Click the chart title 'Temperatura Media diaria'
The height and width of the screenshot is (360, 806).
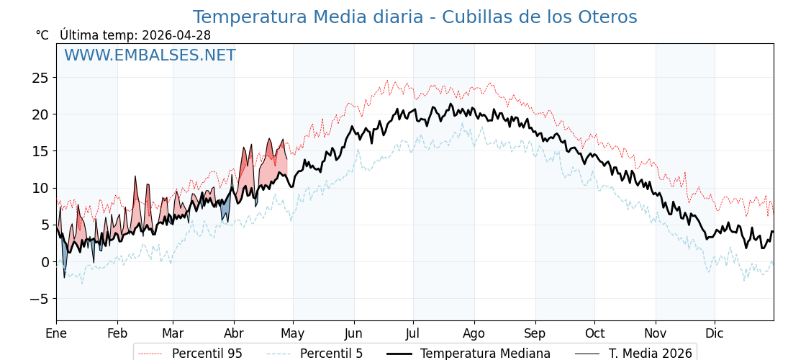415,17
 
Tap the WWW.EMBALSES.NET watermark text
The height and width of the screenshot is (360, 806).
150,55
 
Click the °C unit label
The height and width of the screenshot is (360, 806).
42,35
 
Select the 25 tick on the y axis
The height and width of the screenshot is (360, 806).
40,78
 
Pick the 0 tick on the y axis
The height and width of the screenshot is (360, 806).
45,262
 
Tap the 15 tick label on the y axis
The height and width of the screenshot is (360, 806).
40,151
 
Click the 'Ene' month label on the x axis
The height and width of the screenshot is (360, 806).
56,333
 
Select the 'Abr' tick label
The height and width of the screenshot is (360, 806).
234,333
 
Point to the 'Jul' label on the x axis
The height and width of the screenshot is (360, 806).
413,333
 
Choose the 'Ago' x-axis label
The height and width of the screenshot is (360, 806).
474,333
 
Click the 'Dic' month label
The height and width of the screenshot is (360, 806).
715,333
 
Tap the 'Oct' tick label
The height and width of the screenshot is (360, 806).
594,333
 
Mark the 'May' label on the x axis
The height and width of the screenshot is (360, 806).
293,333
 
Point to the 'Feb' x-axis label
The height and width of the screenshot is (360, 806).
117,333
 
